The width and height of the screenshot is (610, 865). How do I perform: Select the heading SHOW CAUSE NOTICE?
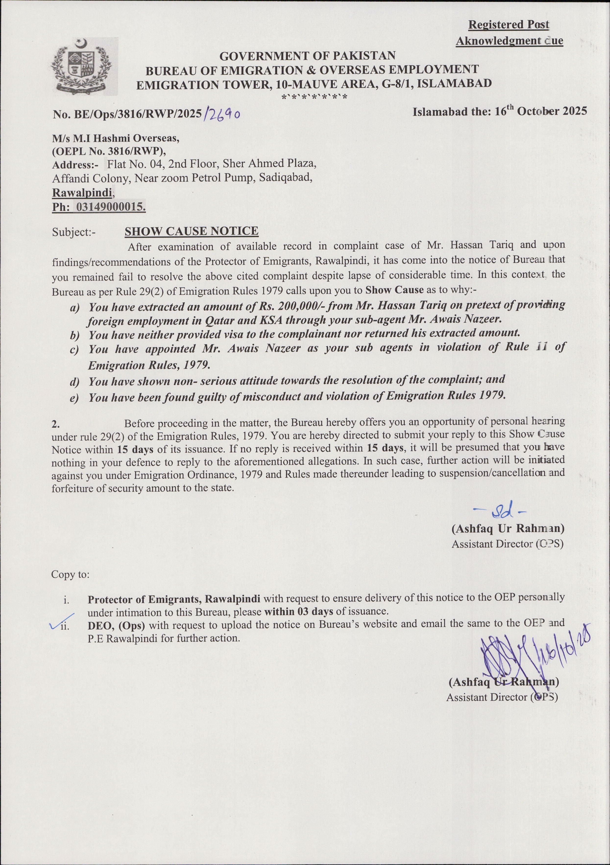tap(191, 231)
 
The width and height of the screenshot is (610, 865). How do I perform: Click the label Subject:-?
tap(74, 232)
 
